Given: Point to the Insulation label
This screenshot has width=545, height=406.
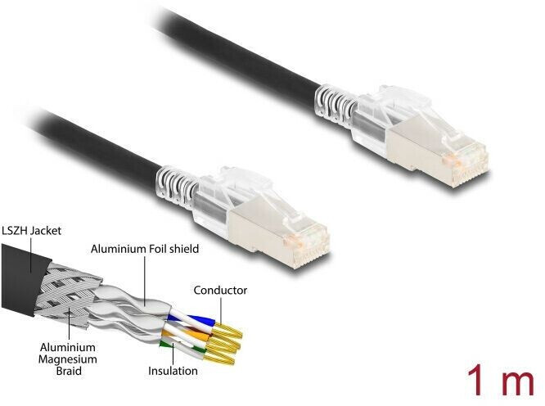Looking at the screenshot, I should (x=173, y=371).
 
